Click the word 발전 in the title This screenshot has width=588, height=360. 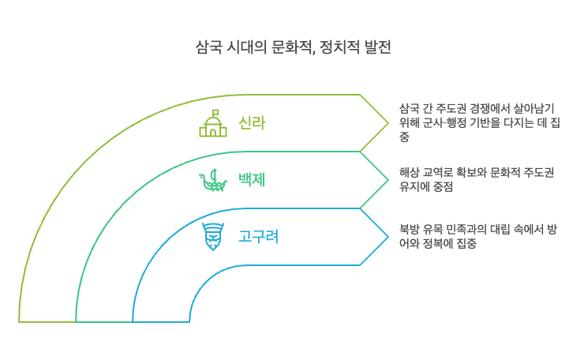(375, 48)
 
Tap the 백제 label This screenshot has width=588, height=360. (252, 179)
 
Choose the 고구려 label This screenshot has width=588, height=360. (258, 236)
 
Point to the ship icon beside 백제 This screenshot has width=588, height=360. (212, 179)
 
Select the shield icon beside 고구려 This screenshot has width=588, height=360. (212, 235)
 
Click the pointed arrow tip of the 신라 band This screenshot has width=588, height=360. (388, 122)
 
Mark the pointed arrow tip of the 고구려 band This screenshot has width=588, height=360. (388, 236)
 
